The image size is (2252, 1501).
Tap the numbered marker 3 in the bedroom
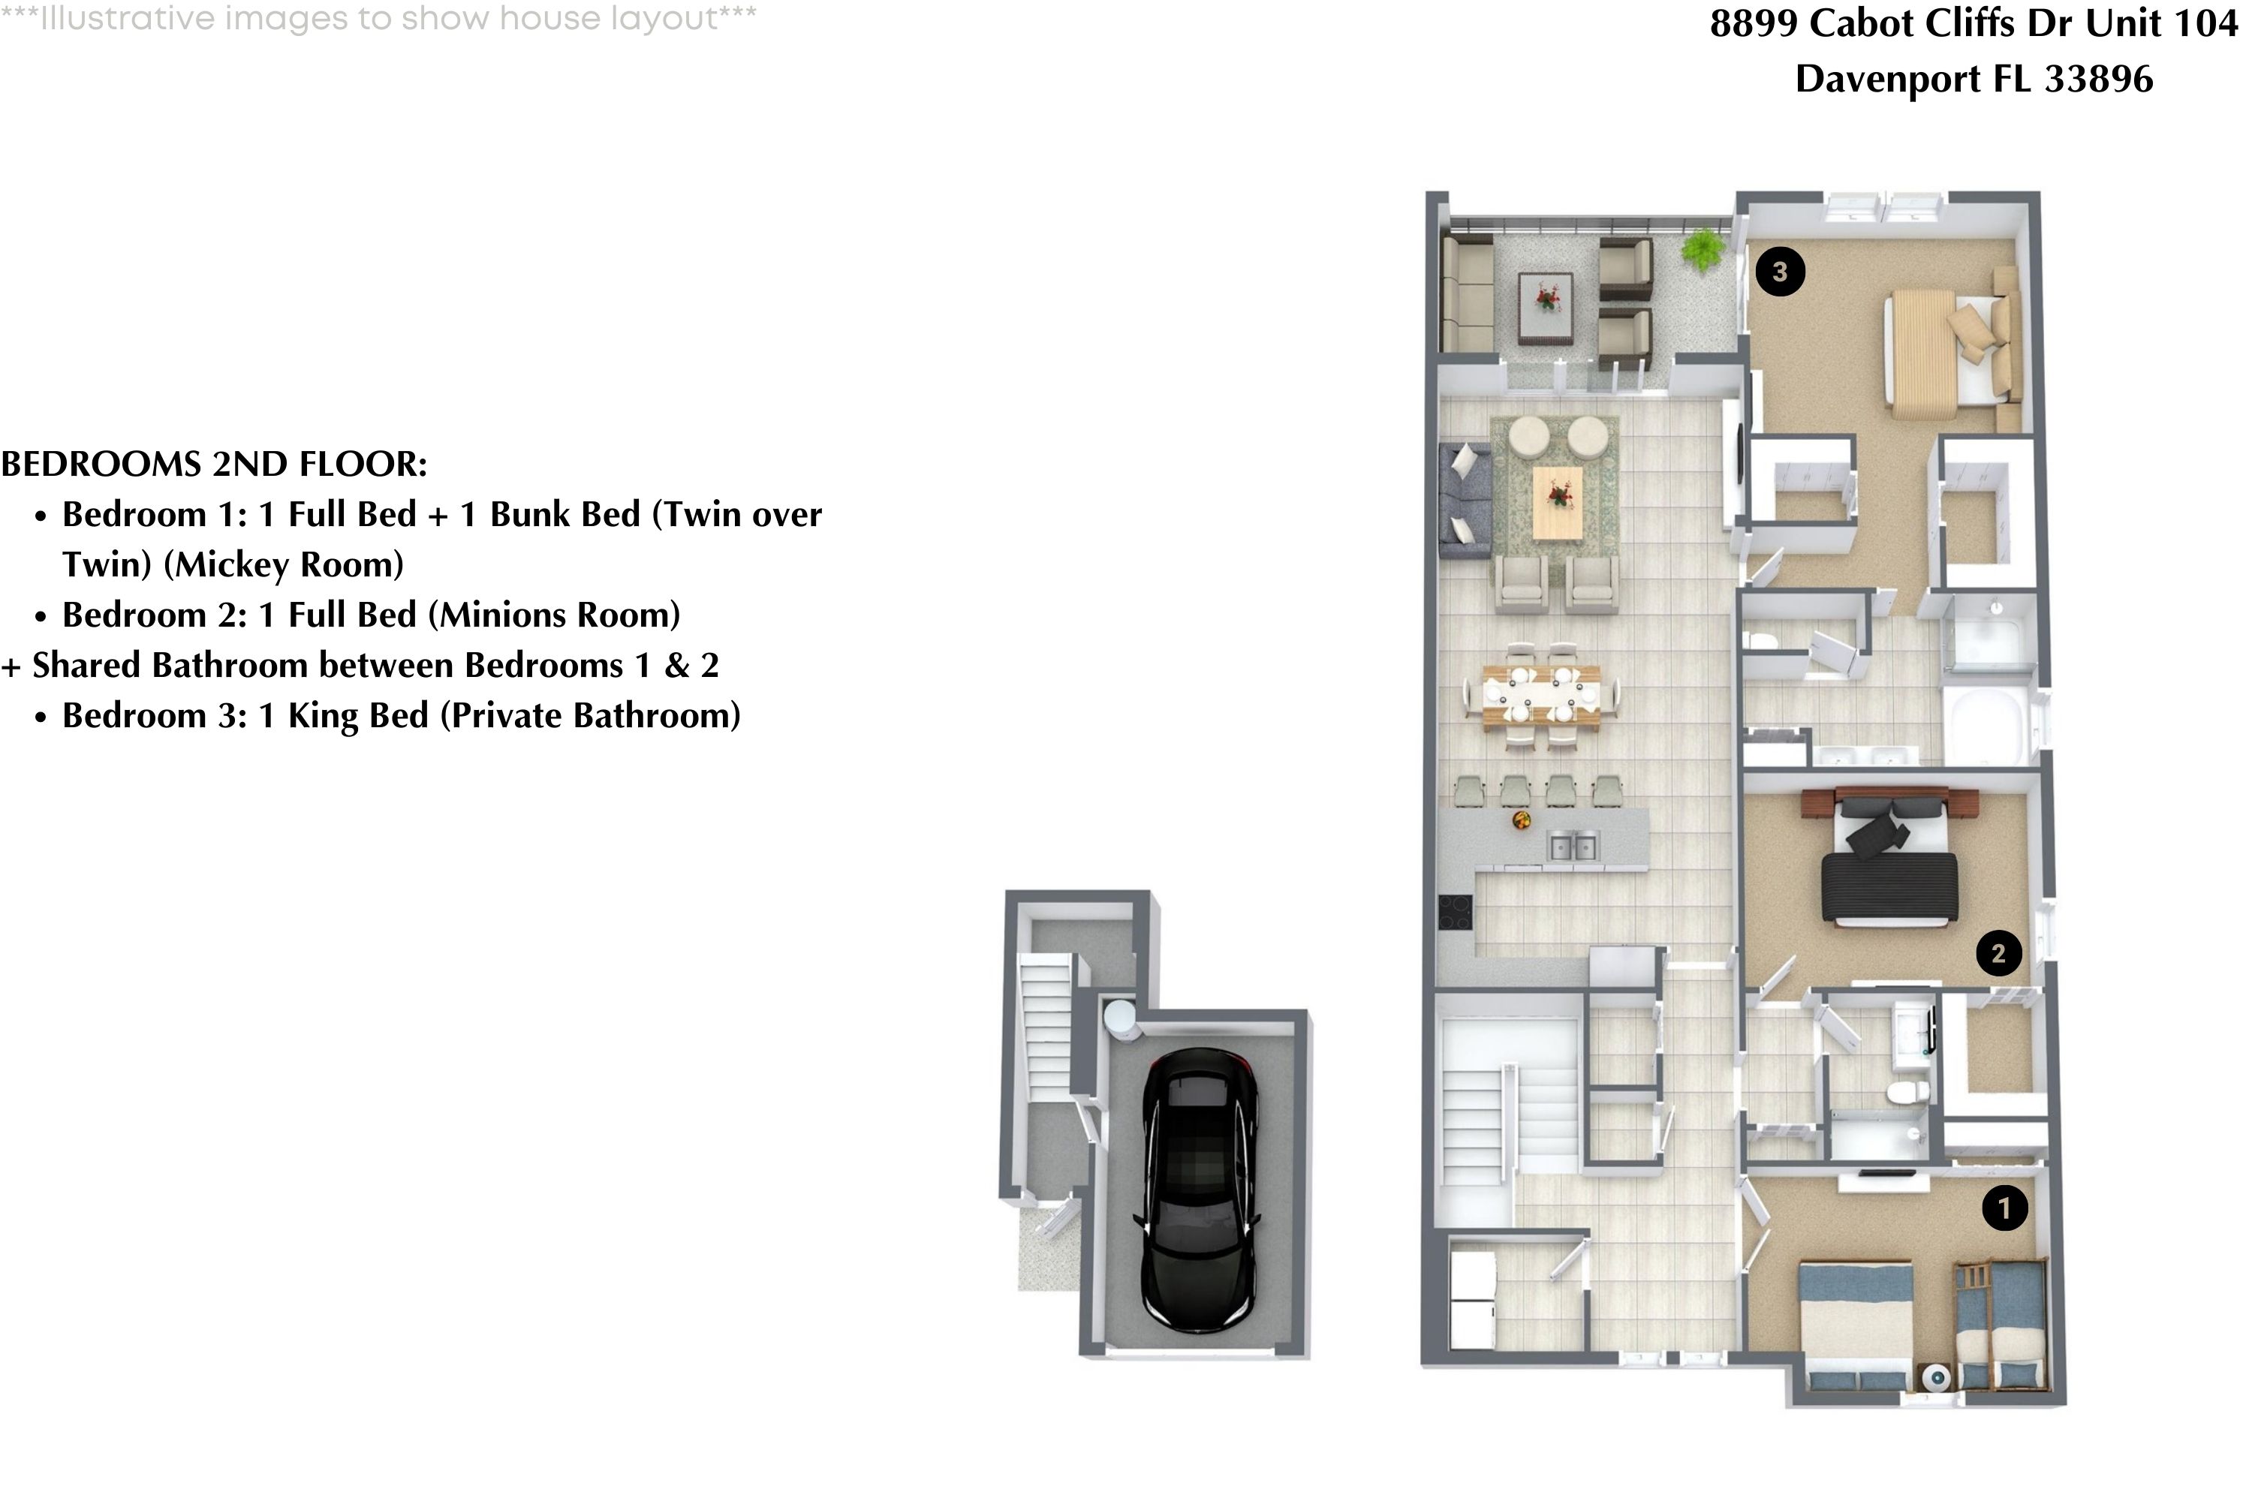click(1779, 272)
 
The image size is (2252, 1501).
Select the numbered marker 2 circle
click(1998, 952)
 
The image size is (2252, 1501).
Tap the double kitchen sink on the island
click(1572, 847)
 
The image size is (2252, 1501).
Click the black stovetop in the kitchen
click(1456, 911)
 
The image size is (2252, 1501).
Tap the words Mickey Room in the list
click(284, 565)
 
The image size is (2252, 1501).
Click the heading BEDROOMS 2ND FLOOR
click(213, 465)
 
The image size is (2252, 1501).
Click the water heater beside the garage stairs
click(1119, 1018)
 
